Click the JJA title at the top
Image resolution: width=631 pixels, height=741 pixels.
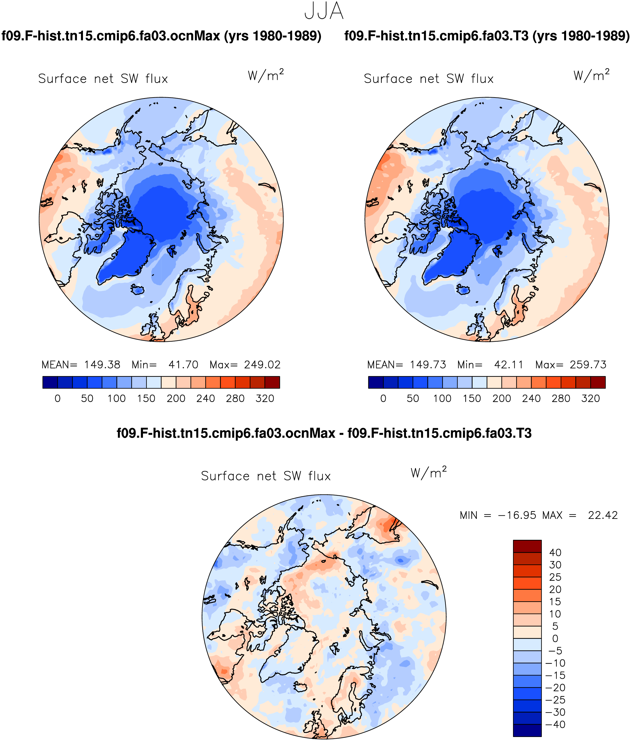(x=324, y=12)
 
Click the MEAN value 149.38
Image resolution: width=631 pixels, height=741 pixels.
(x=102, y=365)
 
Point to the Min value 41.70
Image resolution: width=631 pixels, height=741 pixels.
(x=183, y=365)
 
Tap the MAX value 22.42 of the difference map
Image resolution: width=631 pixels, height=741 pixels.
(x=603, y=515)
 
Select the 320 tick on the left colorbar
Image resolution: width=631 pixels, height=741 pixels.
(x=265, y=398)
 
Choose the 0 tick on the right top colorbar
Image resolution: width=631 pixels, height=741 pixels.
(x=383, y=398)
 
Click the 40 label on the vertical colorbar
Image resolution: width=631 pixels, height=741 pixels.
(x=555, y=552)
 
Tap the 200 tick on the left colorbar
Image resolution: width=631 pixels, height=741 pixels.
(x=176, y=398)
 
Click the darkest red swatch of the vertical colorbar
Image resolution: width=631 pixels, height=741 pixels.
(x=527, y=546)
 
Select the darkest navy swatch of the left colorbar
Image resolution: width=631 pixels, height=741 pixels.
(x=50, y=382)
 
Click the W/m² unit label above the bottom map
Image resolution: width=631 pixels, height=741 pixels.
(x=429, y=472)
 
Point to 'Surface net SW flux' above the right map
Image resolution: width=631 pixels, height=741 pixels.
(x=429, y=79)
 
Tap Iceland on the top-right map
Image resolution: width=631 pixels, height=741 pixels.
(x=464, y=289)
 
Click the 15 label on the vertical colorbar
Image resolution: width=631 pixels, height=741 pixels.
(x=555, y=602)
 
